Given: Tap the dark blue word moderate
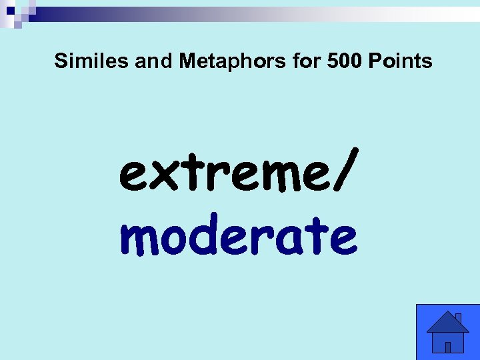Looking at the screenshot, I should [239, 237].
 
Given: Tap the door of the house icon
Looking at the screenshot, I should [448, 347].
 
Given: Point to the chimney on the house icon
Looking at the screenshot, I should [459, 317].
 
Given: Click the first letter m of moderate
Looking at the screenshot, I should [140, 240].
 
